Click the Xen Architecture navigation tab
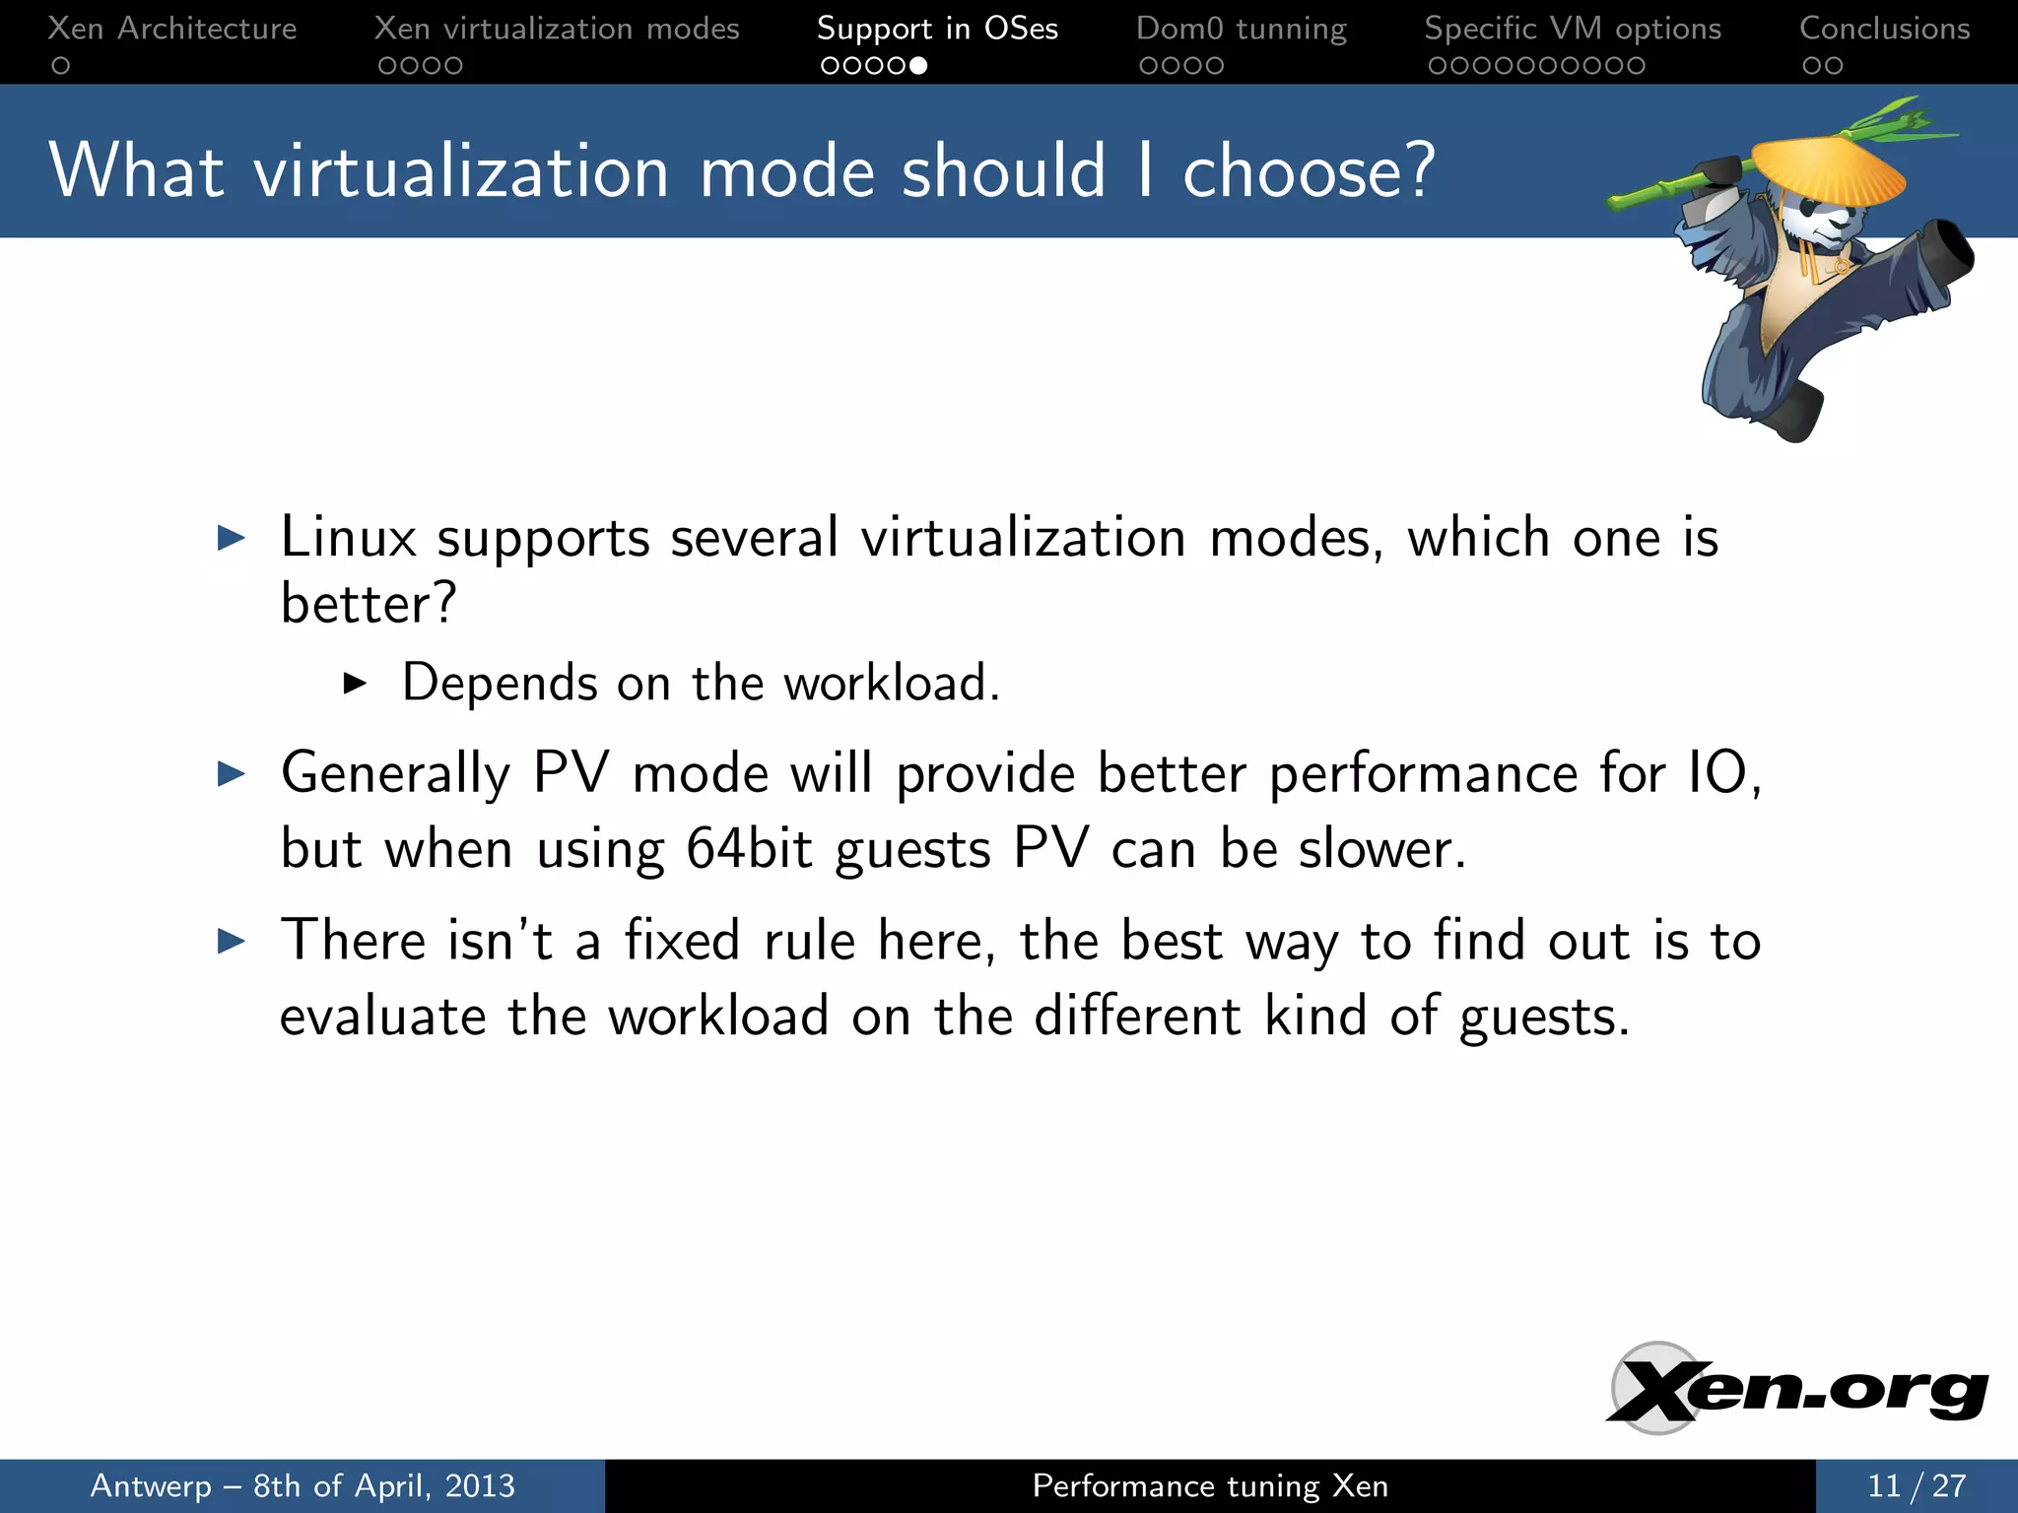pos(171,29)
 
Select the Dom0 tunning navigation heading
pos(1241,29)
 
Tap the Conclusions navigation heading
pos(1884,29)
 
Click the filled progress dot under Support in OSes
pos(918,66)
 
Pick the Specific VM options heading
pos(1573,29)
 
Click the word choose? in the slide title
pos(1308,171)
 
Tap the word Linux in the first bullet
pos(348,538)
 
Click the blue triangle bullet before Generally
pos(231,773)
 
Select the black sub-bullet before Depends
pos(355,683)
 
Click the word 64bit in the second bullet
pos(749,848)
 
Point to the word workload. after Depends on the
pos(891,683)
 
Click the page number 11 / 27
pos(1916,1485)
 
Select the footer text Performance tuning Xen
pos(1209,1485)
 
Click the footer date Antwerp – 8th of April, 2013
pos(303,1485)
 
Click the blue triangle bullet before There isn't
pos(231,941)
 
